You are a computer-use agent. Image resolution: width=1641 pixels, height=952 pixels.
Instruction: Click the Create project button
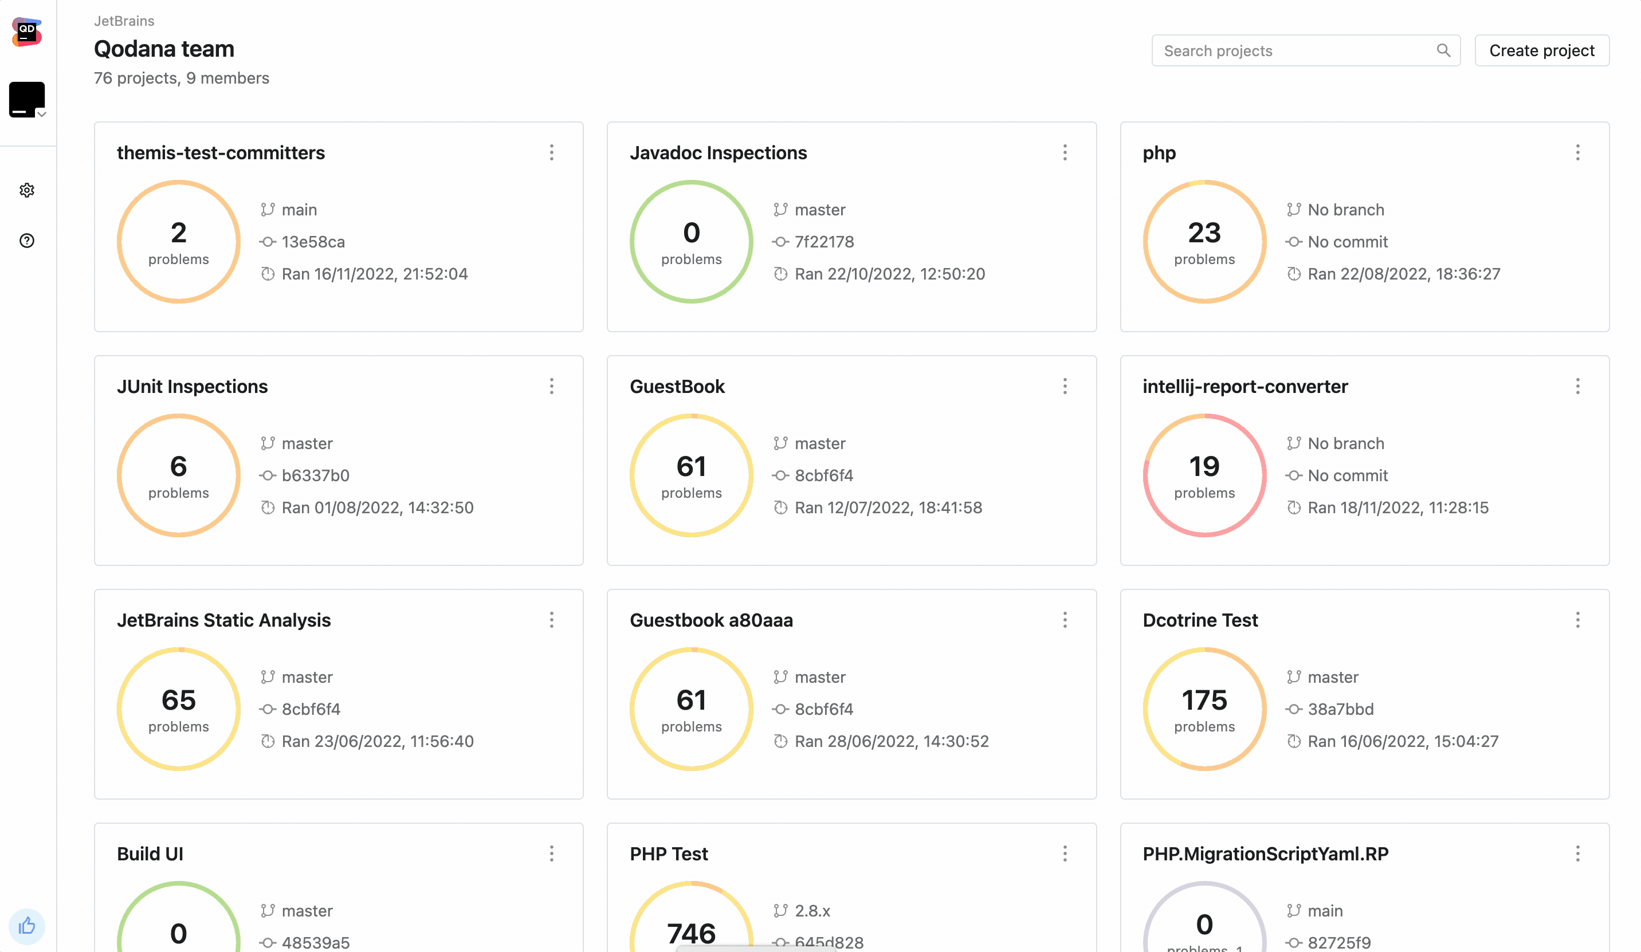pyautogui.click(x=1541, y=51)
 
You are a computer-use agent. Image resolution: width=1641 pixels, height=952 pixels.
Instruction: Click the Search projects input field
pyautogui.click(x=1296, y=51)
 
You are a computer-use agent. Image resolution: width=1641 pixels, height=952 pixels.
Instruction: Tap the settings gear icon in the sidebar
pyautogui.click(x=27, y=190)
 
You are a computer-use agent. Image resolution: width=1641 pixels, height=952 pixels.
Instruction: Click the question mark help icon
pyautogui.click(x=27, y=241)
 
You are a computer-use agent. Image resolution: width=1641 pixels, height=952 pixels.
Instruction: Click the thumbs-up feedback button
pyautogui.click(x=27, y=925)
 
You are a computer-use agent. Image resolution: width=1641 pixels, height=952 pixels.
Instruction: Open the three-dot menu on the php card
pyautogui.click(x=1577, y=153)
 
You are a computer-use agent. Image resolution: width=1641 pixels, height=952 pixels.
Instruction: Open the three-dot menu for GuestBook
pyautogui.click(x=1065, y=387)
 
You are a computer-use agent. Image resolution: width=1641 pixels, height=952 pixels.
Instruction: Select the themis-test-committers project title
pyautogui.click(x=221, y=153)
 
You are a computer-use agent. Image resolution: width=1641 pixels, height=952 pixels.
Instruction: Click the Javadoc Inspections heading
pyautogui.click(x=719, y=153)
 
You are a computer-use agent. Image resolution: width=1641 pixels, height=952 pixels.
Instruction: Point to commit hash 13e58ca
pyautogui.click(x=313, y=242)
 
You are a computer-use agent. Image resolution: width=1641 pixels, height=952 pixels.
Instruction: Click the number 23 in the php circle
pyautogui.click(x=1204, y=233)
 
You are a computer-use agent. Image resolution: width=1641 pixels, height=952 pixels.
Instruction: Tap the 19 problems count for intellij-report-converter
pyautogui.click(x=1204, y=467)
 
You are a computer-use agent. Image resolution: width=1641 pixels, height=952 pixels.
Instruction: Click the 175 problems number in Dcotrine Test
pyautogui.click(x=1204, y=701)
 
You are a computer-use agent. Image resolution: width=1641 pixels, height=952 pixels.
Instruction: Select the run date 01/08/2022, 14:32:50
pyautogui.click(x=377, y=508)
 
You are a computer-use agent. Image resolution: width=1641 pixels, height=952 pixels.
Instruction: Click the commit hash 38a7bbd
pyautogui.click(x=1340, y=709)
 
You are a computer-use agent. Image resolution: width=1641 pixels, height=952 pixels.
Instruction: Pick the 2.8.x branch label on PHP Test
pyautogui.click(x=812, y=911)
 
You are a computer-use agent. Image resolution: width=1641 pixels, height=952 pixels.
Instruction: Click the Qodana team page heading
pyautogui.click(x=164, y=49)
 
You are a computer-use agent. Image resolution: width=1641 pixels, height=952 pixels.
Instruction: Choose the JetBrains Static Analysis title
pyautogui.click(x=224, y=620)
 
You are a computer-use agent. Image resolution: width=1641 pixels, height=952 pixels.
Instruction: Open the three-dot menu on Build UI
pyautogui.click(x=552, y=853)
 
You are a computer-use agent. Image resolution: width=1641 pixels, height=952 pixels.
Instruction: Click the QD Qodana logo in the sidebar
pyautogui.click(x=27, y=32)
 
